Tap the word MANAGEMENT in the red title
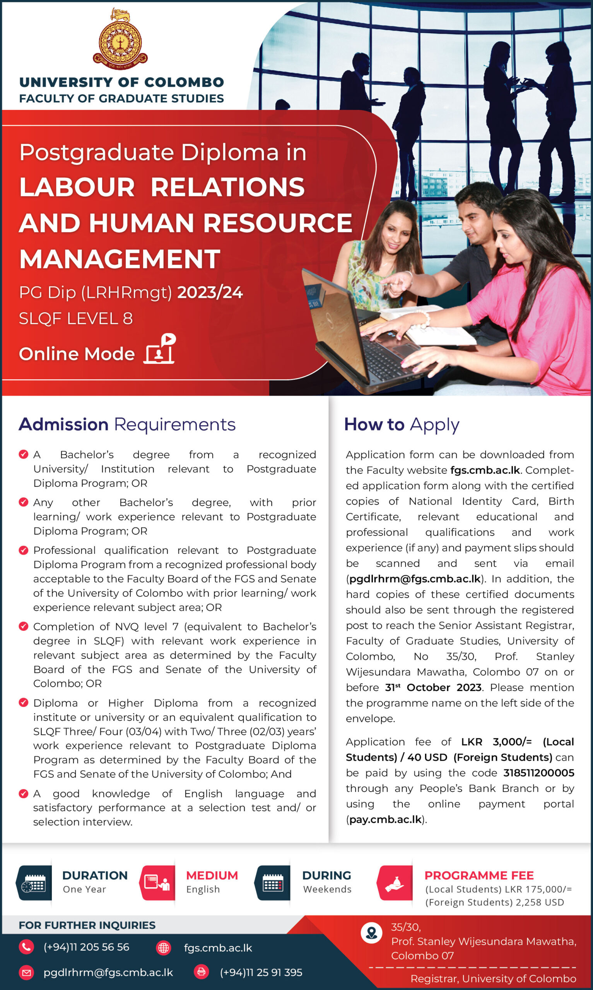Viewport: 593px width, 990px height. tap(120, 259)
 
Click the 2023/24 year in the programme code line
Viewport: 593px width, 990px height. tap(210, 292)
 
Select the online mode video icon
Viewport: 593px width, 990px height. tap(160, 349)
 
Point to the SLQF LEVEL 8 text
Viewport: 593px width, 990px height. tap(75, 319)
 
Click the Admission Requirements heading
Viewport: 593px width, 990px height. tap(127, 424)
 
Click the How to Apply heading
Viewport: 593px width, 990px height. tap(401, 424)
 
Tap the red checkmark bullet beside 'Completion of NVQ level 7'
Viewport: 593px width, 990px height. tap(24, 626)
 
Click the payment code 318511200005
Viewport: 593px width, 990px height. tap(538, 773)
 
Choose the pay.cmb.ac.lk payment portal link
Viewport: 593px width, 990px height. tap(386, 819)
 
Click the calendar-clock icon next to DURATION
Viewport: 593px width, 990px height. tap(34, 882)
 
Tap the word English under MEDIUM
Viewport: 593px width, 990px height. tap(203, 889)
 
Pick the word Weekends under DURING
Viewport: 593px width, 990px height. tap(327, 889)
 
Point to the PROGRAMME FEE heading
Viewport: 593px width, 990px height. tap(479, 876)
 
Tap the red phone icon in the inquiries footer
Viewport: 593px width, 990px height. tap(26, 947)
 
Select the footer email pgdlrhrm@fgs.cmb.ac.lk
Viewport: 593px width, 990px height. tap(108, 973)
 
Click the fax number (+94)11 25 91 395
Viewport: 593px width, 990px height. tap(261, 973)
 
